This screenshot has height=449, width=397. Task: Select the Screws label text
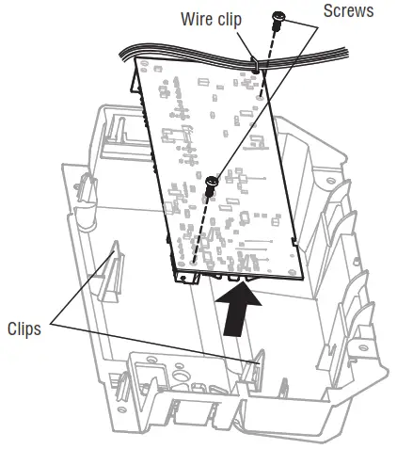click(x=347, y=12)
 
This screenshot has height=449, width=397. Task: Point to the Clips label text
click(x=24, y=329)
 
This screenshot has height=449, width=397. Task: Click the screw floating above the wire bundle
click(x=278, y=17)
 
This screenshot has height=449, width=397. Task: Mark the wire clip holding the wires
click(x=257, y=66)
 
